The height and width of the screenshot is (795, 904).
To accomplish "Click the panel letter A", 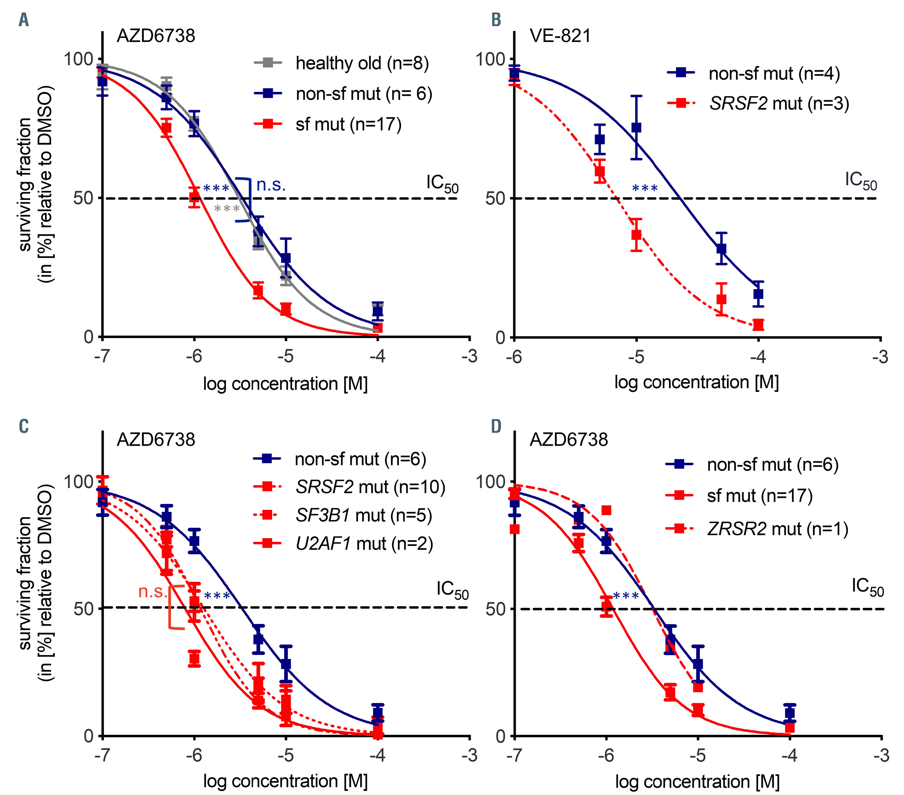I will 24,20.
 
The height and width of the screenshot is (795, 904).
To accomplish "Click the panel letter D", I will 496,426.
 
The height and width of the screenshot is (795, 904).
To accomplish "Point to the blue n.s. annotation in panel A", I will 271,185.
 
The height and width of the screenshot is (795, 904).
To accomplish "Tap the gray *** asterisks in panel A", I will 227,209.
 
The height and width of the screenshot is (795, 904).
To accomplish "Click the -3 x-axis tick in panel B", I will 880,356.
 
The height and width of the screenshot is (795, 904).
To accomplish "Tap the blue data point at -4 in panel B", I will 758,294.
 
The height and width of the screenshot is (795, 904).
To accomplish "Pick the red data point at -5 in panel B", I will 636,235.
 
